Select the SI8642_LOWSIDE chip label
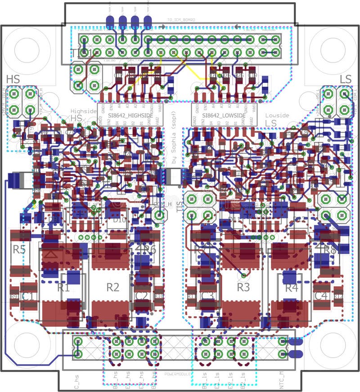(224, 116)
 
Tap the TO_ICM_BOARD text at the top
(181, 20)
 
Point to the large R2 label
(112, 287)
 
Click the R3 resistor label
(243, 287)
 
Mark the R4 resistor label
(292, 287)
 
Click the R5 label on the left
(18, 249)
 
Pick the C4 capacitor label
(321, 296)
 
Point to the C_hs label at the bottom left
(76, 382)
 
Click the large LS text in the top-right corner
(345, 79)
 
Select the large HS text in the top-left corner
(13, 79)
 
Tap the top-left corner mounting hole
(27, 49)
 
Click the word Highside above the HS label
(83, 111)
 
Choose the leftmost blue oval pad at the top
(110, 21)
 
